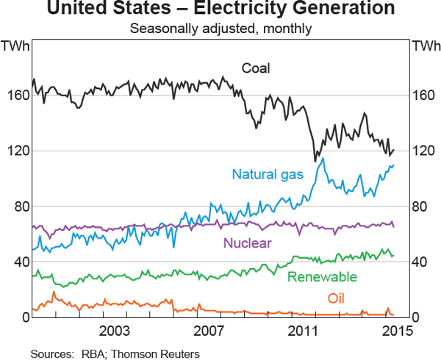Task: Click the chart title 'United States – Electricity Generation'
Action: click(x=220, y=10)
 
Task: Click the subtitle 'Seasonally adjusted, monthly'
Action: click(x=220, y=29)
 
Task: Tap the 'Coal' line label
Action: click(x=257, y=68)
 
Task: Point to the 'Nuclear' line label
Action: click(x=248, y=243)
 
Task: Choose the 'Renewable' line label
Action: click(x=322, y=277)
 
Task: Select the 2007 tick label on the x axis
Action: click(x=209, y=328)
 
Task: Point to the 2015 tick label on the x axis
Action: click(x=398, y=328)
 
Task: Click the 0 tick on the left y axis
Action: click(x=26, y=318)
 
